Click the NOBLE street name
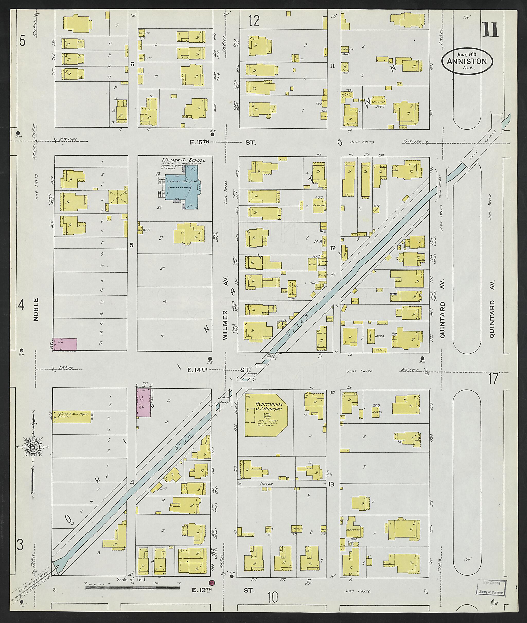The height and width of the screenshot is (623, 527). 36,309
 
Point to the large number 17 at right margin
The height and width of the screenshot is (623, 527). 494,379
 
